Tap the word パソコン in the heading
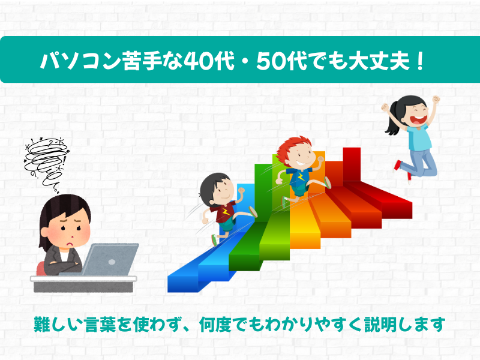pyautogui.click(x=80, y=61)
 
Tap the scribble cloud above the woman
pyautogui.click(x=47, y=161)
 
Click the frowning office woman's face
pyautogui.click(x=69, y=230)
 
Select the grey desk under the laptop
pyautogui.click(x=83, y=284)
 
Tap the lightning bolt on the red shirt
pyautogui.click(x=226, y=212)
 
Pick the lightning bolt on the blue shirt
pyautogui.click(x=301, y=177)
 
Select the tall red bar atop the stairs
pyautogui.click(x=352, y=166)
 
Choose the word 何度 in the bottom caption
pyautogui.click(x=215, y=325)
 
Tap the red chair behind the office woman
pyautogui.click(x=41, y=268)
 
